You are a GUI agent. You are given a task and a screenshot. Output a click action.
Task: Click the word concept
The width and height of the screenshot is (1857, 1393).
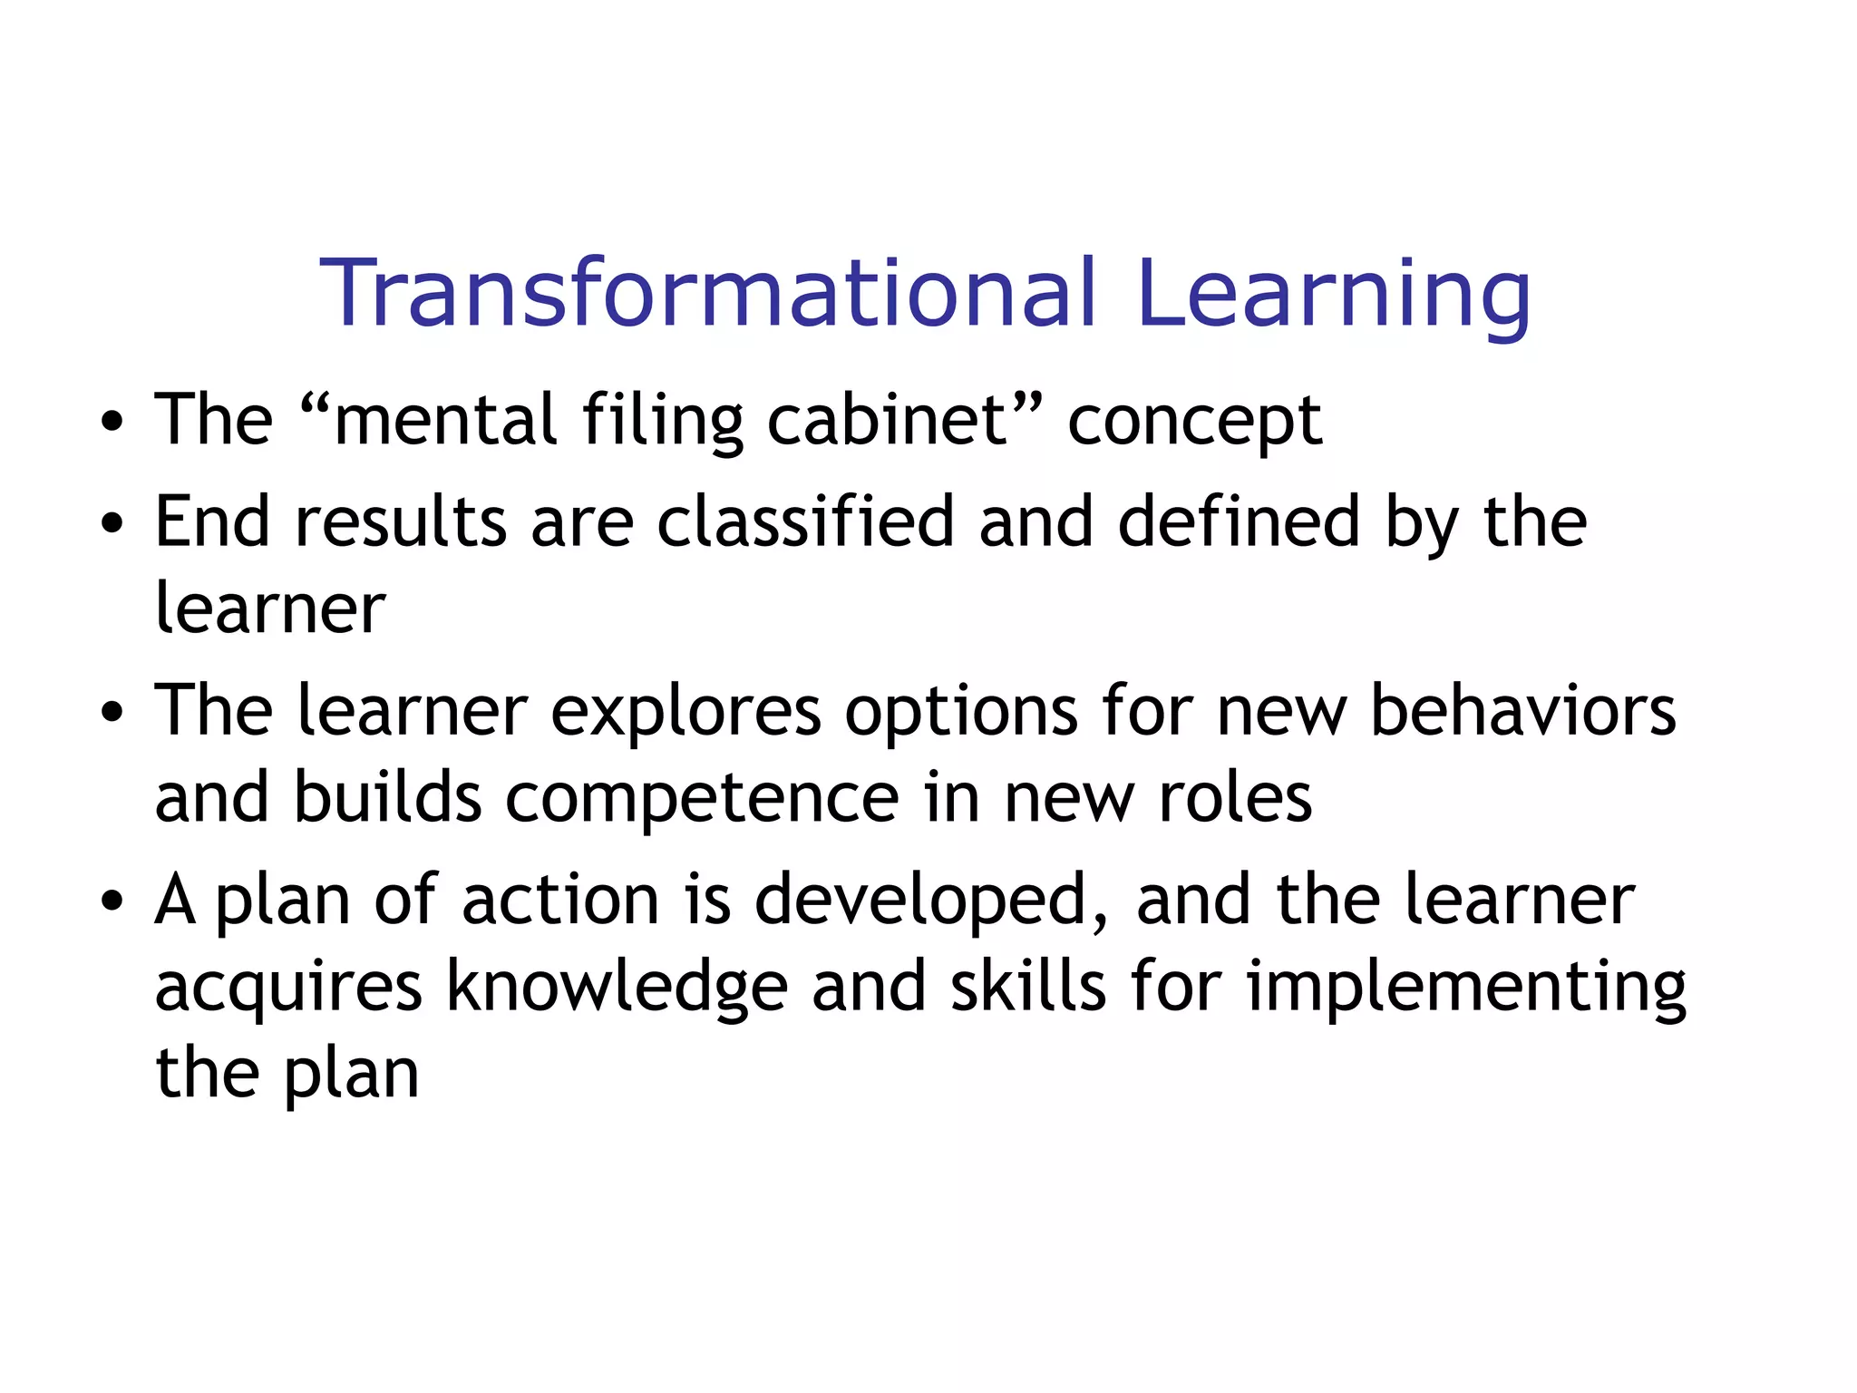point(1194,422)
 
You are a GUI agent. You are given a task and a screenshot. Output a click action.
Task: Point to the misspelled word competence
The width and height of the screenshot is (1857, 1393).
point(702,799)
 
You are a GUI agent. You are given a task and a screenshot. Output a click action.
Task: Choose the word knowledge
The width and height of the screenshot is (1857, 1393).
point(617,988)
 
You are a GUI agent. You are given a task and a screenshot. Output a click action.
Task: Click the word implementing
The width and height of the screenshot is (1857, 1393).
point(1466,988)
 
